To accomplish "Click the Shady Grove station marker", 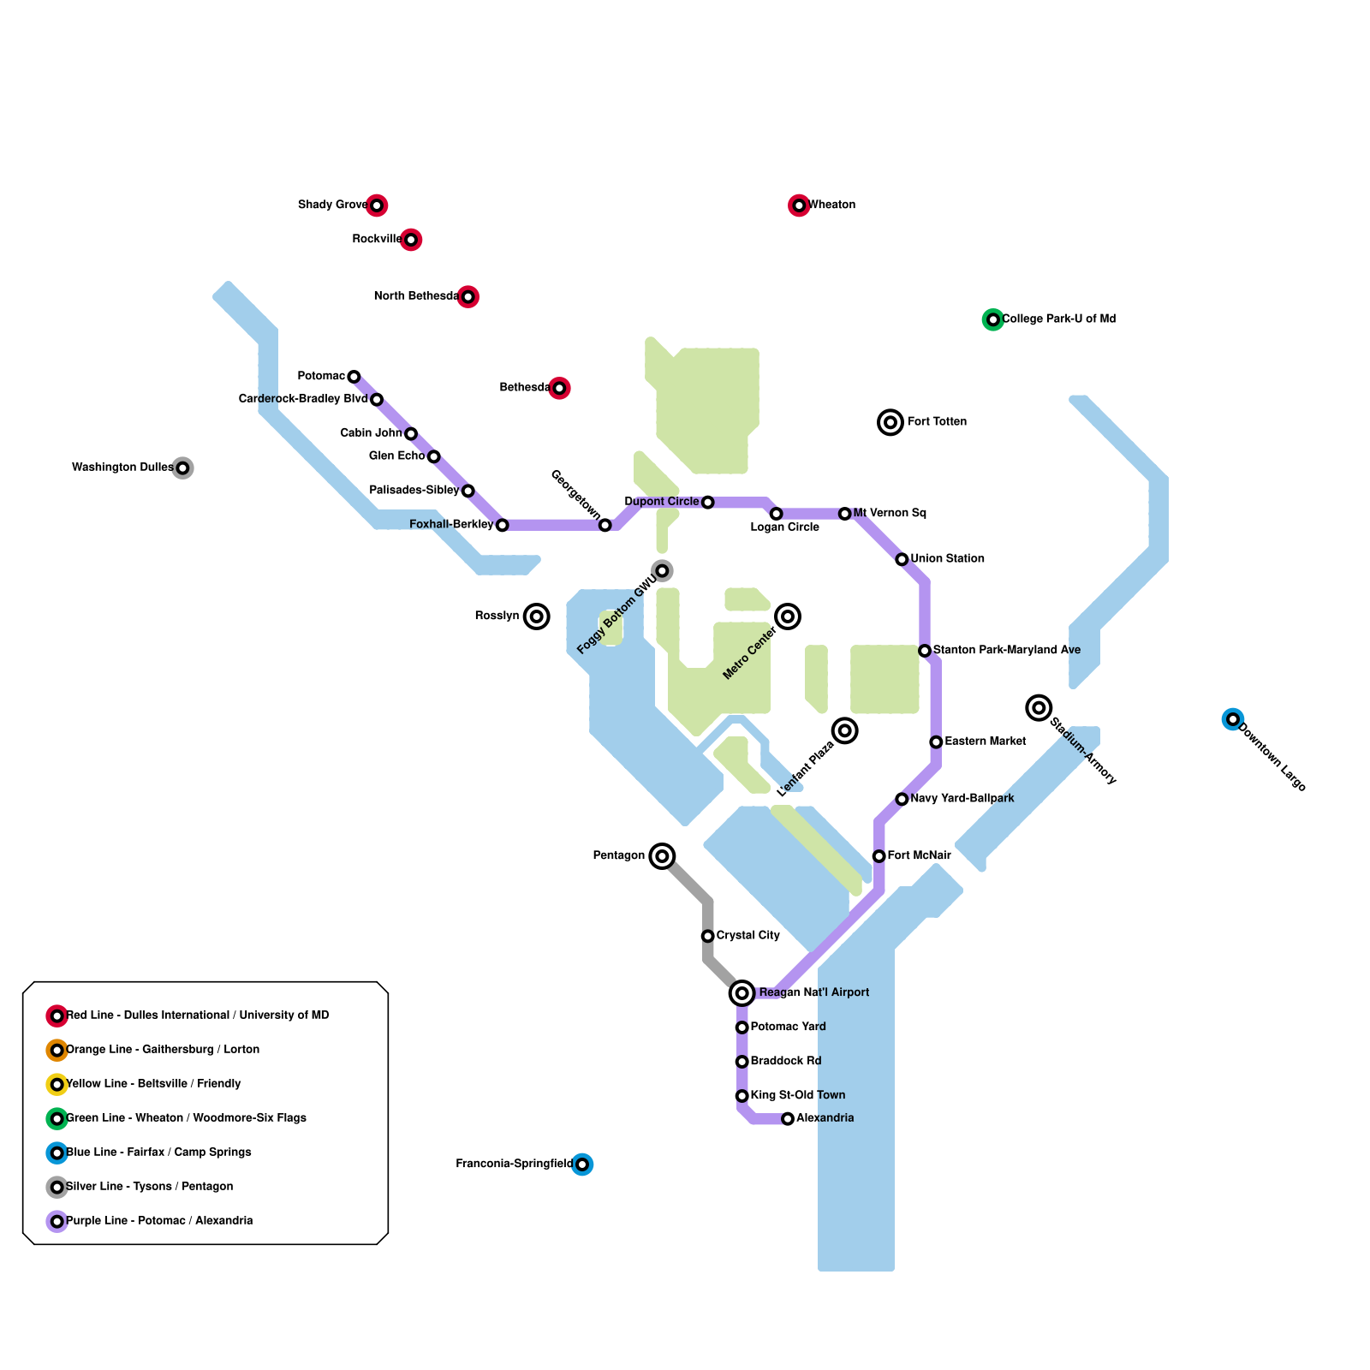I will coord(377,205).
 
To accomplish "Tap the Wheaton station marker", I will coord(799,205).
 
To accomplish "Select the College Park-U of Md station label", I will coord(1058,319).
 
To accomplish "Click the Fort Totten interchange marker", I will coord(890,422).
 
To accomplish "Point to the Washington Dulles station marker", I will coord(182,468).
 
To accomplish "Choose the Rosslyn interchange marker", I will coord(537,616).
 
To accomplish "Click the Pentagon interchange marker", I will coord(662,856).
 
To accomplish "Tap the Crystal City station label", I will coord(748,936).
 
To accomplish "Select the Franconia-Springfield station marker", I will coord(582,1164).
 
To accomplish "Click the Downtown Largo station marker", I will coord(1232,719).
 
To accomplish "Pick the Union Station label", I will coord(947,559).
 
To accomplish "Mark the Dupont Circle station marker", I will coord(707,503).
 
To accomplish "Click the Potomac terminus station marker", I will coord(354,377).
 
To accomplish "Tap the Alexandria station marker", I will coord(788,1119).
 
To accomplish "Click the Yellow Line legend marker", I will coord(57,1085).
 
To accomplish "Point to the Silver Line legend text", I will coord(149,1187).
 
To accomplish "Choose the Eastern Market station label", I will coord(985,742).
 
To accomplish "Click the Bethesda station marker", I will coord(559,389).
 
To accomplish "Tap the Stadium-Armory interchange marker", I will coord(1039,707).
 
